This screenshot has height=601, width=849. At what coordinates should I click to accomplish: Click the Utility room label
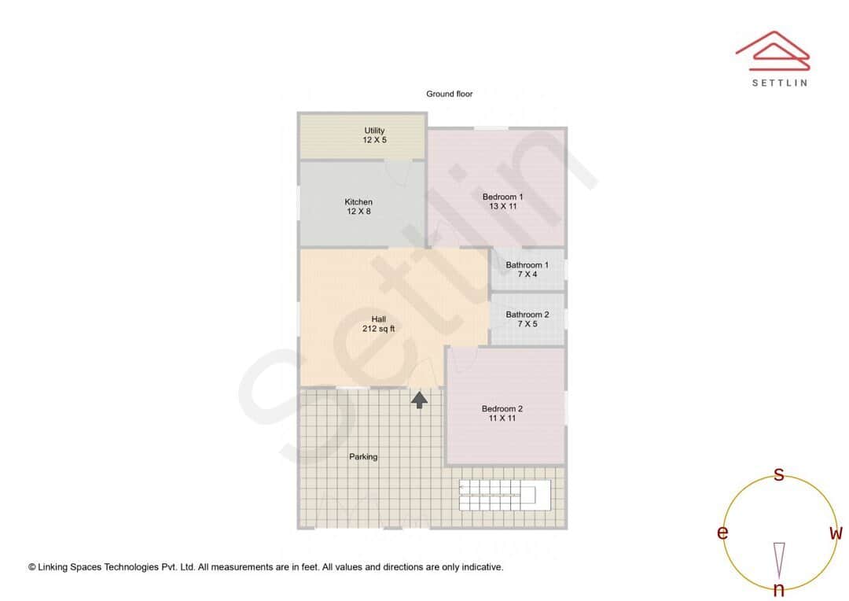pyautogui.click(x=374, y=131)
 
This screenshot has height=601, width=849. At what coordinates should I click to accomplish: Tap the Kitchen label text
pyautogui.click(x=358, y=202)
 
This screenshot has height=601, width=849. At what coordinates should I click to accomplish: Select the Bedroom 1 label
pyautogui.click(x=502, y=197)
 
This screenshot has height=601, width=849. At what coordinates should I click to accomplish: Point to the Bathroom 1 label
pyautogui.click(x=527, y=265)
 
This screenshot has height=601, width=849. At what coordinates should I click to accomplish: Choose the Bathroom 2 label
pyautogui.click(x=527, y=315)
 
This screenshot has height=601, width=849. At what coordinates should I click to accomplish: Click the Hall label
pyautogui.click(x=378, y=319)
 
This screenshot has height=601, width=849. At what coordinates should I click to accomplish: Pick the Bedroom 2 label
pyautogui.click(x=502, y=409)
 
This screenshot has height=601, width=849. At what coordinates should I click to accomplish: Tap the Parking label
pyautogui.click(x=363, y=456)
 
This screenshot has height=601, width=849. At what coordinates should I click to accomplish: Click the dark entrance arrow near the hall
pyautogui.click(x=420, y=400)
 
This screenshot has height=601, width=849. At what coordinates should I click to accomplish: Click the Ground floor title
pyautogui.click(x=450, y=94)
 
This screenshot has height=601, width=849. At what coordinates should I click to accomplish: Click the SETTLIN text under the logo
pyautogui.click(x=779, y=83)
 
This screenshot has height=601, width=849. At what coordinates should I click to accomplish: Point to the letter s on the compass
pyautogui.click(x=779, y=474)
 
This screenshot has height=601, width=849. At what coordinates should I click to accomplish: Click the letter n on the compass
pyautogui.click(x=779, y=590)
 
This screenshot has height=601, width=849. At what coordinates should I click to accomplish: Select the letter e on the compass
pyautogui.click(x=722, y=533)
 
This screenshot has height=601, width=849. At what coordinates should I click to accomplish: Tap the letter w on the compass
pyautogui.click(x=836, y=533)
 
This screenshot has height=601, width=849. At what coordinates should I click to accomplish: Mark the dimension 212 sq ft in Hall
pyautogui.click(x=378, y=329)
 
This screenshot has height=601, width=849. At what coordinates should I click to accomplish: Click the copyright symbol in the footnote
pyautogui.click(x=32, y=566)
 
